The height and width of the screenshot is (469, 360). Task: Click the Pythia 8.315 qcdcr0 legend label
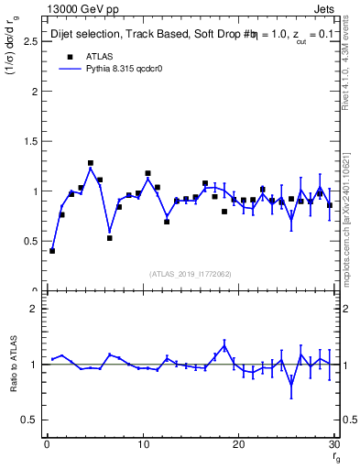coord(120,69)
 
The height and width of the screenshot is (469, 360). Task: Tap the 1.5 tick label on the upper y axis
coord(28,142)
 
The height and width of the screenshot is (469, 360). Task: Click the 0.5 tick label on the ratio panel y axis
coord(28,420)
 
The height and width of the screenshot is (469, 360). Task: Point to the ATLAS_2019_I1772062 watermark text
coord(191,273)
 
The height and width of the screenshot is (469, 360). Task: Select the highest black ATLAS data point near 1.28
coord(91,163)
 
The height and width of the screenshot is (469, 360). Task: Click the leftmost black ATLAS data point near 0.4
coord(52,250)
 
